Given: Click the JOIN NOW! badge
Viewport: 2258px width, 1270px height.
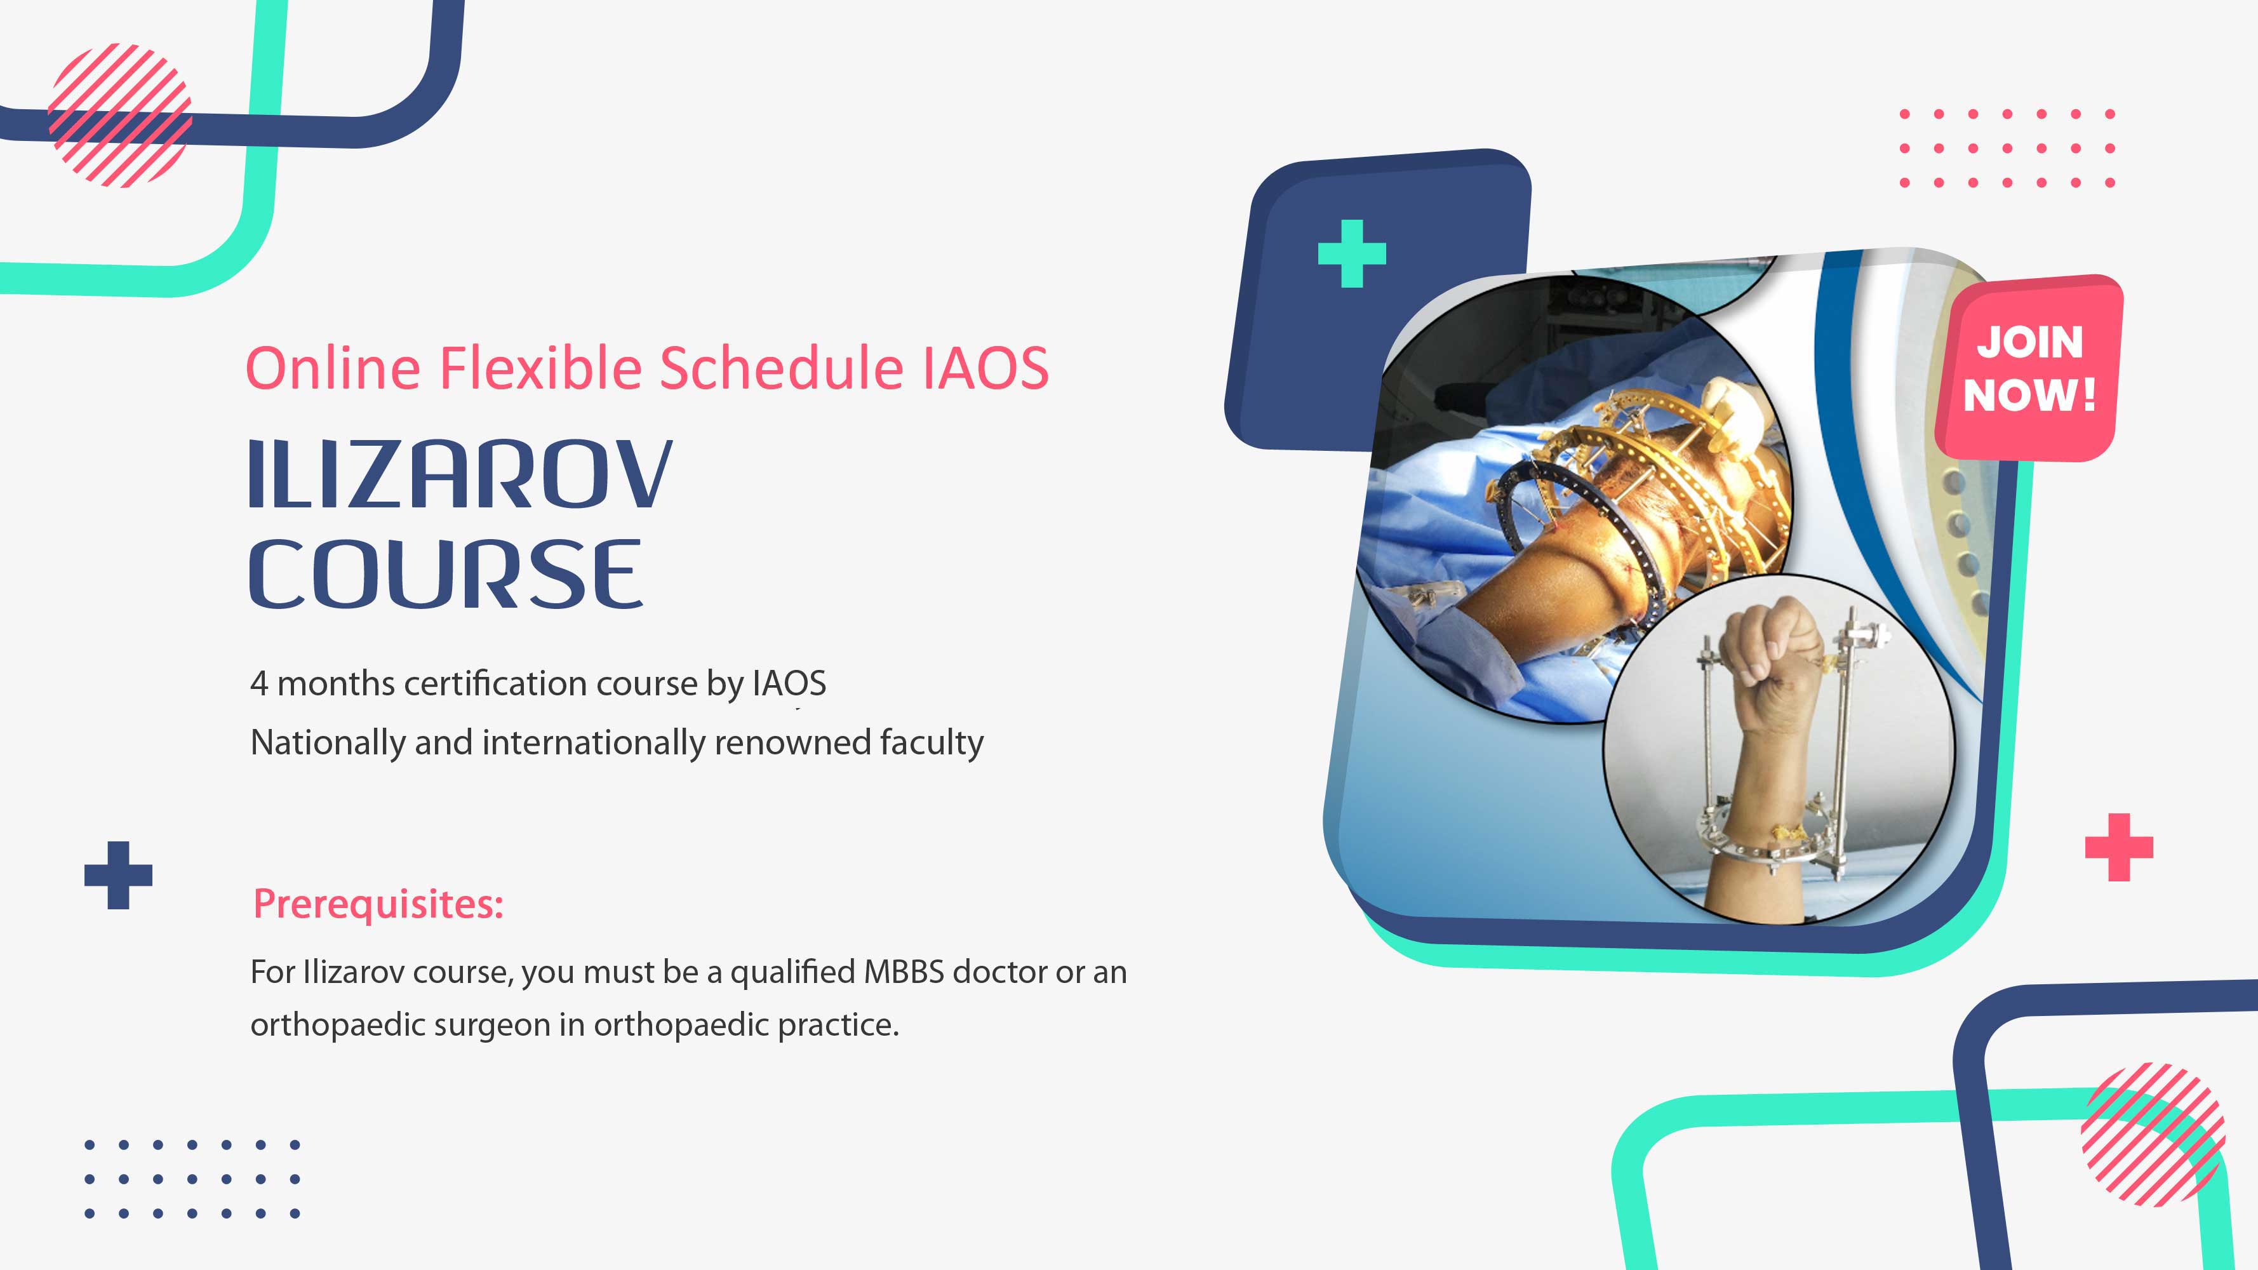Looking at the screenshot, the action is [2030, 368].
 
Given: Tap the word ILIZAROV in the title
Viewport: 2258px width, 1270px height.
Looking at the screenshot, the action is [461, 474].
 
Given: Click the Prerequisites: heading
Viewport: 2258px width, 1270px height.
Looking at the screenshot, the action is [378, 904].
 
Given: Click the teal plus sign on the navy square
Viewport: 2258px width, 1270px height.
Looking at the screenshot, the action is [1352, 253].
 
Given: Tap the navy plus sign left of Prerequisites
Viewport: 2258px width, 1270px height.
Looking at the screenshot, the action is [118, 875].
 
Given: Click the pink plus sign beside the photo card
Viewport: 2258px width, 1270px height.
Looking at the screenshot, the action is [2119, 846].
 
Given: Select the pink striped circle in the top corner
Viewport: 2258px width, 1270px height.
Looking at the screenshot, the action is [120, 115].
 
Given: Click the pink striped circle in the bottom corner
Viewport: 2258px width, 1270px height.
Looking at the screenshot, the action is [2153, 1134].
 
